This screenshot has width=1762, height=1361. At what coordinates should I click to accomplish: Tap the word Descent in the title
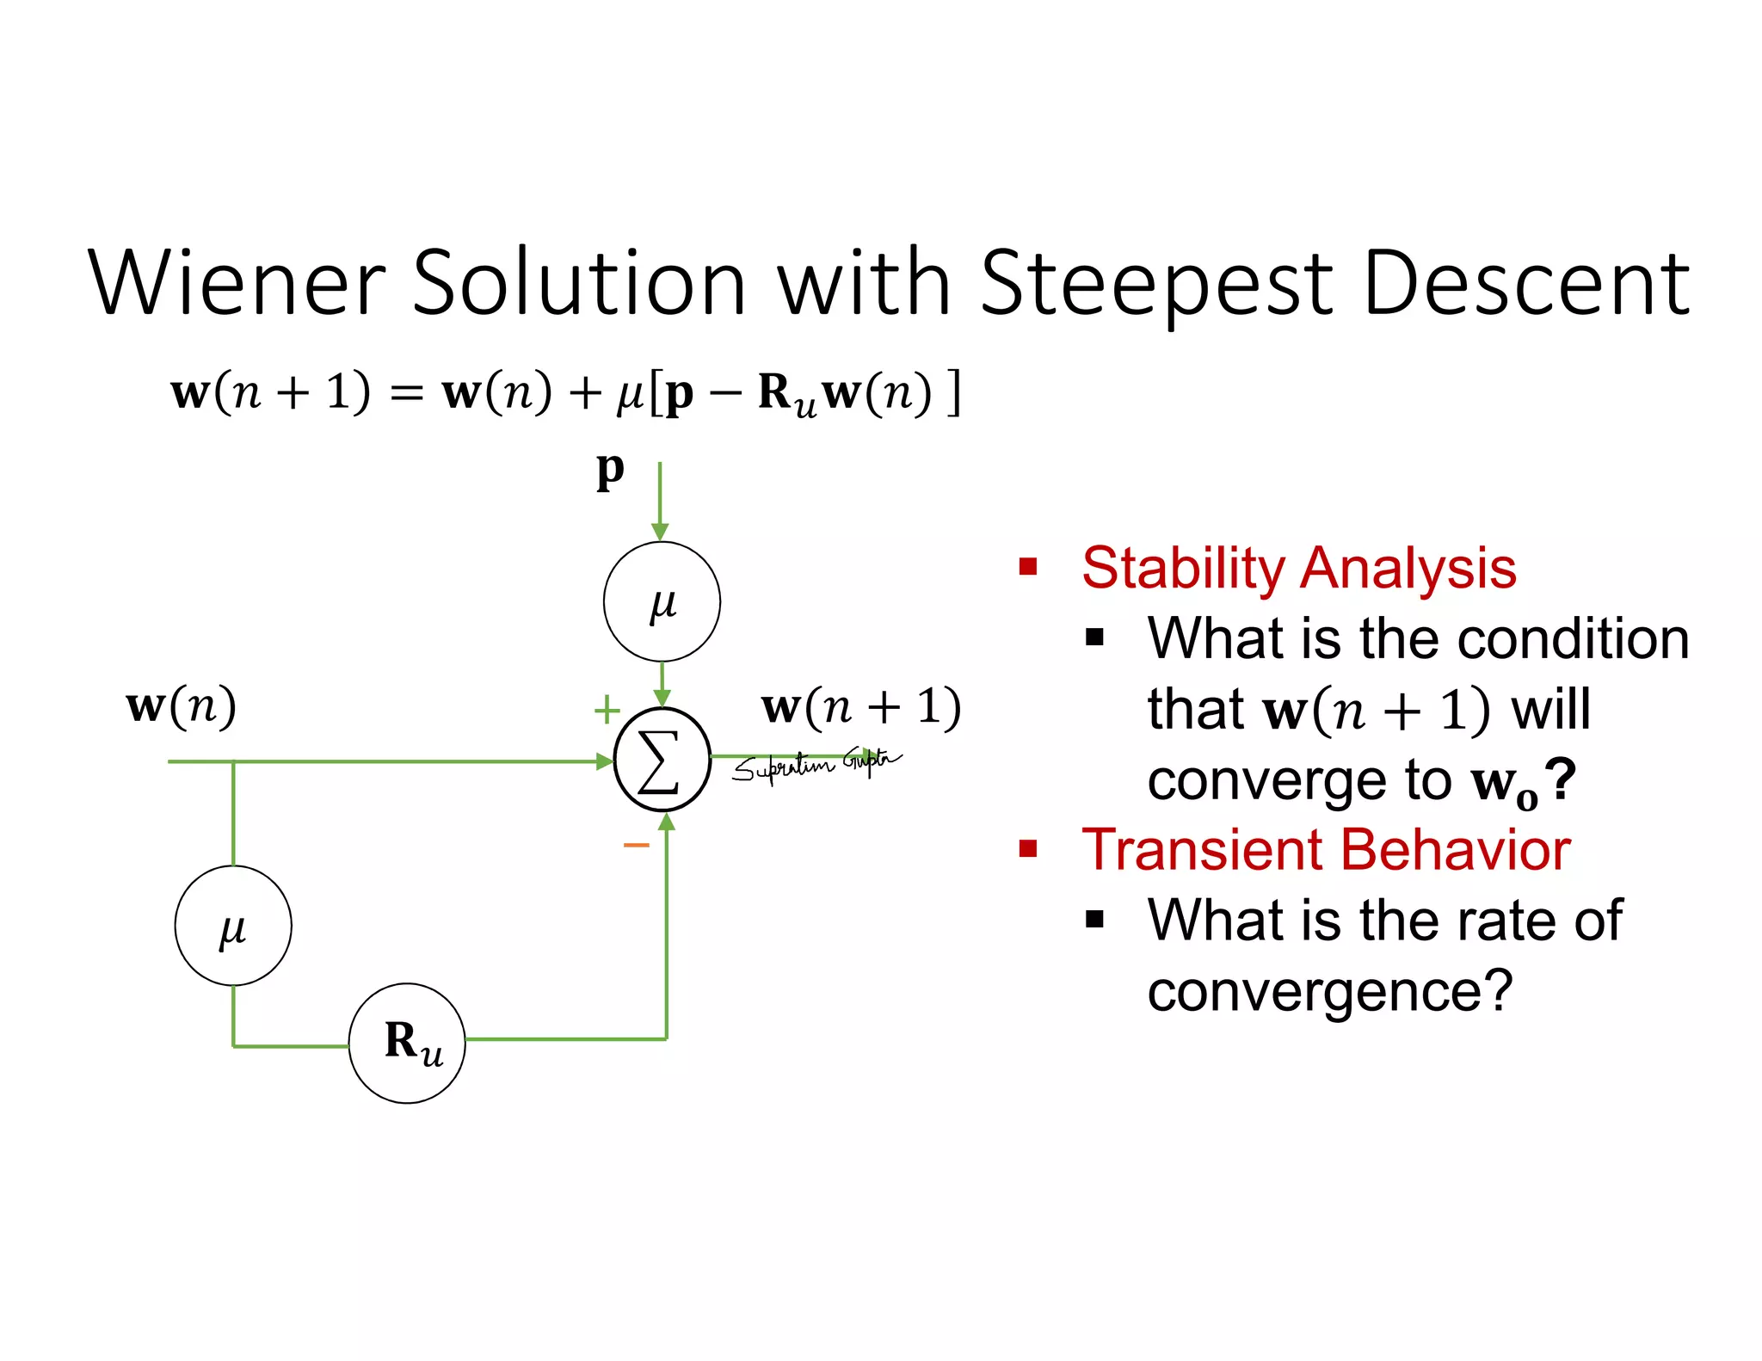point(1526,283)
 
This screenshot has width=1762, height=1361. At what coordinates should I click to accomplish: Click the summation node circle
point(662,760)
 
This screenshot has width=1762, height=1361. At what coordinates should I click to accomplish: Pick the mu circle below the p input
point(662,601)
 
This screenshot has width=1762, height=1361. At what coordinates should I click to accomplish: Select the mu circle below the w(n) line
point(233,926)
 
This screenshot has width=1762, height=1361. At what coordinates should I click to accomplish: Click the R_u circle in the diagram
point(408,1043)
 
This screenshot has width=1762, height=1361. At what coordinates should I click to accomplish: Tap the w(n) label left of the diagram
point(181,706)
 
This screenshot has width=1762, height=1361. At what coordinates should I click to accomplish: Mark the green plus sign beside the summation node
point(607,710)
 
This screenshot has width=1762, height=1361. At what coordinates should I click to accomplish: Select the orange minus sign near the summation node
point(636,846)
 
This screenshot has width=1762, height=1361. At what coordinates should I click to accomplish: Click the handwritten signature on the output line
point(813,763)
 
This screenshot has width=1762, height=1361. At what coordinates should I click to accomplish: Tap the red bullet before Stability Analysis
point(1027,567)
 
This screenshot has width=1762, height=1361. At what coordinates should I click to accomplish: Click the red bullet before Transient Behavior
point(1027,849)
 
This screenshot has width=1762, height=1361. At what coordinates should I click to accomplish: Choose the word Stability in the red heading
point(1183,569)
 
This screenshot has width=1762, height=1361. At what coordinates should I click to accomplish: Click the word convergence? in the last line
point(1329,992)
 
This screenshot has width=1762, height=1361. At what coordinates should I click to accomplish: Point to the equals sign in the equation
point(406,395)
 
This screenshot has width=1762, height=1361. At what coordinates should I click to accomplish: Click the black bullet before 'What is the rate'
point(1094,920)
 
